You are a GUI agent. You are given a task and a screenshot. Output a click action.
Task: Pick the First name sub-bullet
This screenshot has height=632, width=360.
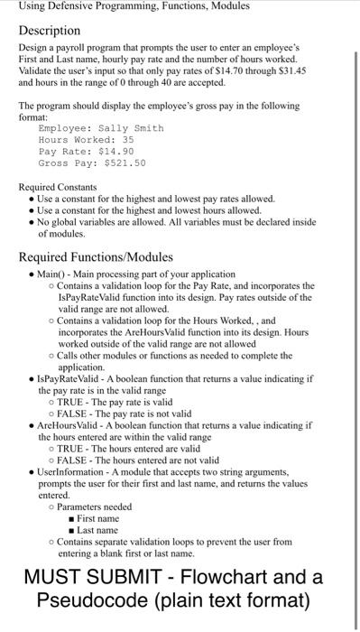click(97, 518)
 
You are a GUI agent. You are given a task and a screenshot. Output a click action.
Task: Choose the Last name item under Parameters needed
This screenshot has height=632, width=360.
click(97, 530)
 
